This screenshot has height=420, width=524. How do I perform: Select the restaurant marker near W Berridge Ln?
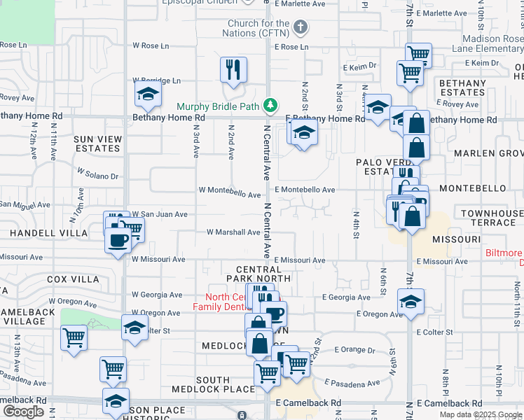coord(233,69)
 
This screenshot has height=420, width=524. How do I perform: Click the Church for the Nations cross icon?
coord(301,28)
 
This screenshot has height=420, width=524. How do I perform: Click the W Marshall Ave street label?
coord(233,232)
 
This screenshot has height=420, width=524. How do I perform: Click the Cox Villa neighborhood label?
coord(74,279)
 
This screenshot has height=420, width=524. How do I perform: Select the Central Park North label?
coord(263,274)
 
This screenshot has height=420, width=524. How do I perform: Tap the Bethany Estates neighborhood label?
coord(462,87)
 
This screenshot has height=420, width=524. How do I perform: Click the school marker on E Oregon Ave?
coord(411,302)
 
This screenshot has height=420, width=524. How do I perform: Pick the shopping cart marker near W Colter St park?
coord(74,338)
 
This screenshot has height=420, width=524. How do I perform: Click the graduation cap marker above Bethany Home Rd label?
coord(149,94)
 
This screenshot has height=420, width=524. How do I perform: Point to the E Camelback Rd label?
coord(308,403)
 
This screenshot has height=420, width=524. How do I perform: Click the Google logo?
coord(23,412)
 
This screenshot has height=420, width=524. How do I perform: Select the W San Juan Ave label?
coord(160,214)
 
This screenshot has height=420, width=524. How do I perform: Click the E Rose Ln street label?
coord(291,47)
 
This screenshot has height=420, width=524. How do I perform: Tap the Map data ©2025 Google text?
coord(480,414)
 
